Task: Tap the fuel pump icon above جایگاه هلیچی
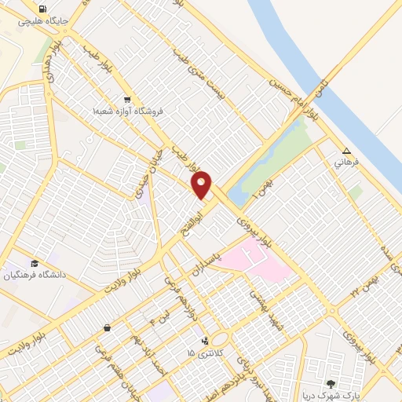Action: pyautogui.click(x=53, y=9)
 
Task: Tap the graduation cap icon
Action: pyautogui.click(x=35, y=263)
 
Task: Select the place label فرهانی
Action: pyautogui.click(x=346, y=163)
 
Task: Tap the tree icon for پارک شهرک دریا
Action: pyautogui.click(x=331, y=384)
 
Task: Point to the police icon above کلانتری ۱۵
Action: pyautogui.click(x=205, y=341)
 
